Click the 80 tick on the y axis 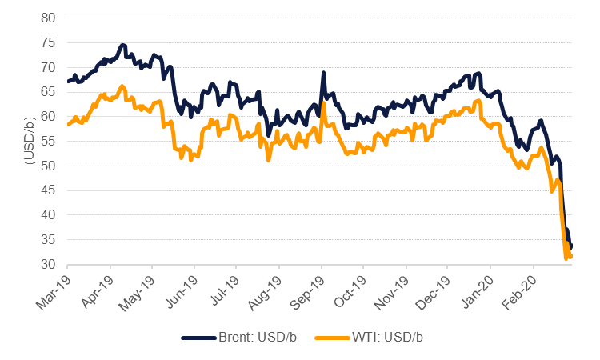(x=49, y=18)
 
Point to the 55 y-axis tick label (x=49, y=141)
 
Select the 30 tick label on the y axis (x=49, y=264)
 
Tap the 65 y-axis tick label (x=49, y=91)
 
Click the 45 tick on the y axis (x=49, y=190)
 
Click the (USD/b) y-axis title (x=28, y=141)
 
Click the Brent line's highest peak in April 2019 (x=123, y=45)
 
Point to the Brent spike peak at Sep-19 (x=323, y=73)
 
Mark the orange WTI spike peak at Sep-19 (x=322, y=103)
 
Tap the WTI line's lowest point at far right (x=566, y=259)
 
